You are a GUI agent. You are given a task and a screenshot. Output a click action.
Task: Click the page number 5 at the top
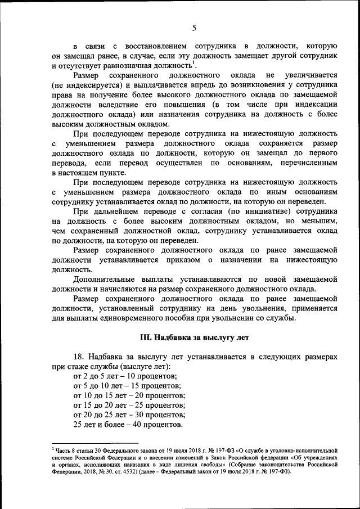pos(194,28)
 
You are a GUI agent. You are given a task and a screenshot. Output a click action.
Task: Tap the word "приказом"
pos(182,260)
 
